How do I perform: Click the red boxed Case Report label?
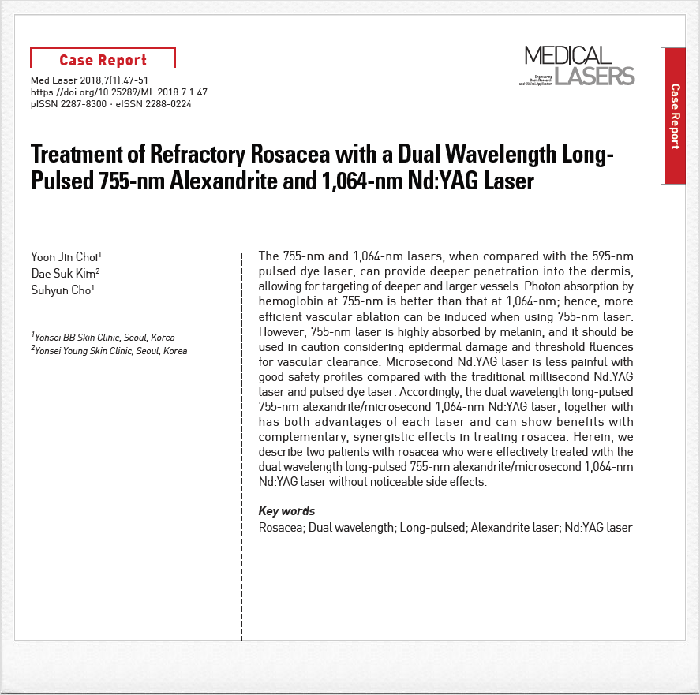[103, 60]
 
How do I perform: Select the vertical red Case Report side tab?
[675, 115]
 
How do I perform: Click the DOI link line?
[118, 92]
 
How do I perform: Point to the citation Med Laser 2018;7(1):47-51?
[89, 80]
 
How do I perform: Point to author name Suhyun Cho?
[62, 290]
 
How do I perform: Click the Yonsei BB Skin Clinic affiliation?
[103, 338]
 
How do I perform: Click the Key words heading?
[286, 511]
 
